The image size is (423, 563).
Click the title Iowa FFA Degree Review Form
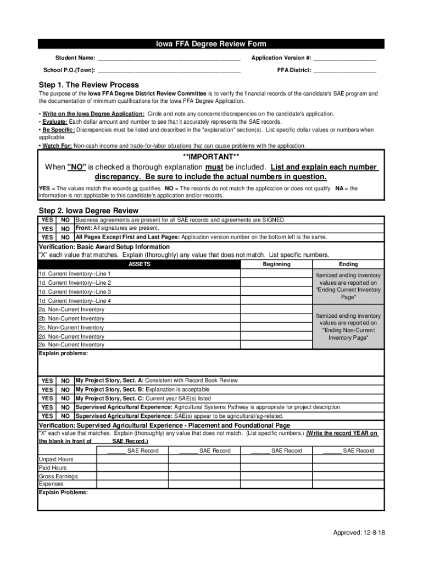coord(211,45)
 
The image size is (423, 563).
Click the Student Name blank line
coord(169,58)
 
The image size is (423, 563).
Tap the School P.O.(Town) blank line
coord(169,70)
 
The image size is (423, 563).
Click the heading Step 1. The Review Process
coord(88,85)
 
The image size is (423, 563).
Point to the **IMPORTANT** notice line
coord(211,157)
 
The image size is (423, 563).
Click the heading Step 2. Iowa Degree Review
coord(88,211)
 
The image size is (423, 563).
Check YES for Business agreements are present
coord(47,220)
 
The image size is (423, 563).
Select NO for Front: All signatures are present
coord(65,229)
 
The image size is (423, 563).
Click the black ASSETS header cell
coord(139,264)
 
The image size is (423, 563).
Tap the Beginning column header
coord(276,264)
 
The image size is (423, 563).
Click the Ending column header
coord(348,264)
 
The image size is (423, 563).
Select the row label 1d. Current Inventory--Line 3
coord(75,292)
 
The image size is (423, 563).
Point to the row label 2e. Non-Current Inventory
coord(71,345)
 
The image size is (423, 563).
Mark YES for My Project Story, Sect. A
coord(47,380)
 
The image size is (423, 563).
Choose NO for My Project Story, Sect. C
coord(65,398)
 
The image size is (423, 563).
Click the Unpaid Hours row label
coord(56,459)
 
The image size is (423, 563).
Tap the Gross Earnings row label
coord(58,476)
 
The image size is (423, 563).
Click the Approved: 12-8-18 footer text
coord(359,533)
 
